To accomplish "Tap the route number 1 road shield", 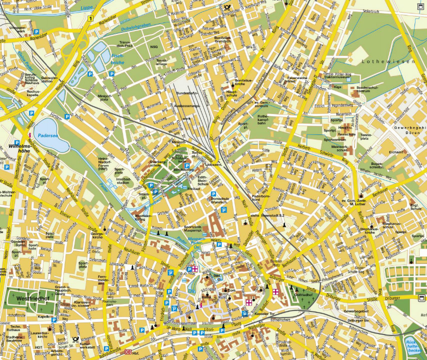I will tap(90, 18).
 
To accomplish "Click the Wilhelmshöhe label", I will tap(16, 147).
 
